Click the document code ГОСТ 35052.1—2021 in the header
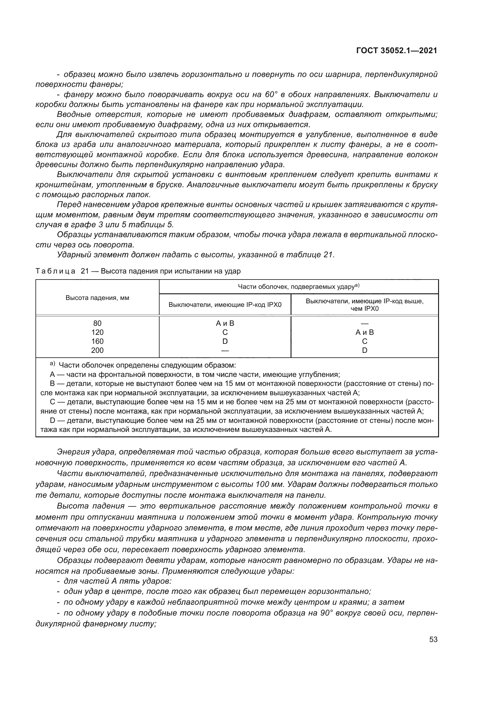click(x=397, y=50)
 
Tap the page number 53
click(x=433, y=639)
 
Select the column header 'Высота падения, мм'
click(x=97, y=298)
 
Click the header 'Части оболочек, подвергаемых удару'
click(x=298, y=287)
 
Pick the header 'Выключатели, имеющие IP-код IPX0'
click(x=225, y=305)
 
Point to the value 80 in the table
click(x=97, y=323)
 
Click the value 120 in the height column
click(x=97, y=332)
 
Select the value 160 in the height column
click(x=97, y=341)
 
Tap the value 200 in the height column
click(x=97, y=350)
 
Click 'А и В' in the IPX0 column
click(x=225, y=323)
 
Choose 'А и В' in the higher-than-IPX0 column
click(x=364, y=332)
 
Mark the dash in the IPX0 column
click(x=225, y=350)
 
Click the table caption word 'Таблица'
click(x=55, y=271)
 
